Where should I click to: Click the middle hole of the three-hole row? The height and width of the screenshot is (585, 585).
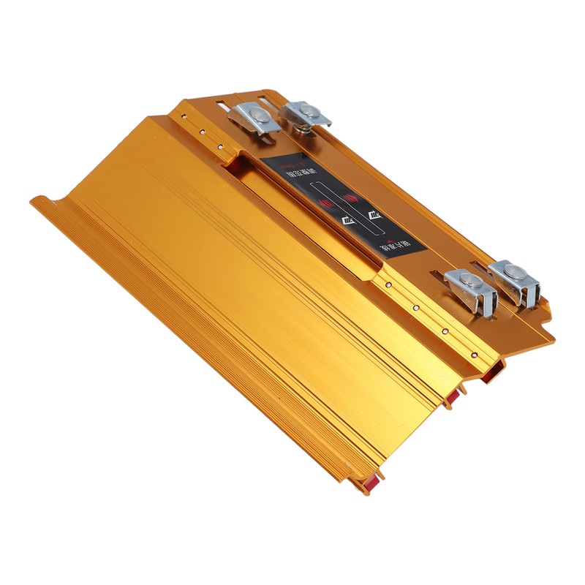202,132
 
